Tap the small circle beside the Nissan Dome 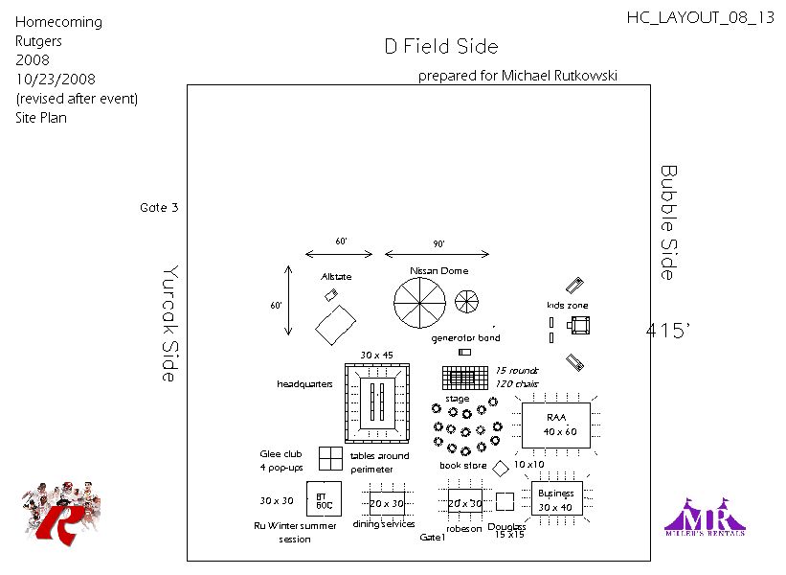coord(466,302)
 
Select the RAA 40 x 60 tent coord(556,425)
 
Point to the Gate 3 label coord(159,207)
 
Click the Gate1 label coord(433,538)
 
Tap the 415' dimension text coord(667,331)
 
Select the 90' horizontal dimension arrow coord(438,254)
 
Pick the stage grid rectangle coord(465,378)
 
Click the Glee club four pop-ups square coord(330,457)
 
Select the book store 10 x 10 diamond coord(501,467)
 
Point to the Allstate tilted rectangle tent coord(336,324)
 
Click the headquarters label coord(304,384)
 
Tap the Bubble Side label coord(668,222)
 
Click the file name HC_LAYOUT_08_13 coord(700,17)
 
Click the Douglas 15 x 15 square coord(505,501)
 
